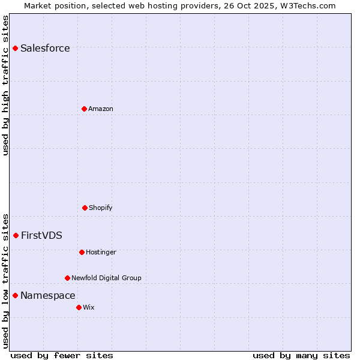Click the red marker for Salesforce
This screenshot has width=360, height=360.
point(16,48)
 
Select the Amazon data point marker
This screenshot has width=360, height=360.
point(84,109)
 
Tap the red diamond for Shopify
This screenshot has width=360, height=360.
point(85,208)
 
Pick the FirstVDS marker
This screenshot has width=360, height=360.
point(16,235)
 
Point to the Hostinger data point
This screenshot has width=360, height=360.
point(82,252)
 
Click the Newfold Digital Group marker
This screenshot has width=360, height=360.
point(67,278)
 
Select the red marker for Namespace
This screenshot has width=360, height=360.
point(16,295)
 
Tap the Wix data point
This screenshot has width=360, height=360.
point(79,307)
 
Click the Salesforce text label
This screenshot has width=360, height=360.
point(45,49)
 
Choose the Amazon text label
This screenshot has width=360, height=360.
point(101,109)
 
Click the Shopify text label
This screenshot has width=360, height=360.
point(101,208)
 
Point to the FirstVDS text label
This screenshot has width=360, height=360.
point(41,236)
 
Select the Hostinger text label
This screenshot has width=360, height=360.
point(101,252)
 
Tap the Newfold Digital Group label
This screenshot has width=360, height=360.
point(106,278)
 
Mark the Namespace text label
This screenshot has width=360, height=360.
point(48,296)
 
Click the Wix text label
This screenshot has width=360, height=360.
point(89,307)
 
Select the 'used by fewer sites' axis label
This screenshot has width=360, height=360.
point(62,355)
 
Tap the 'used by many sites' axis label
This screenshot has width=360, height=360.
point(301,355)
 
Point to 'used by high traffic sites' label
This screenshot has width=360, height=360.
point(5,85)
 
